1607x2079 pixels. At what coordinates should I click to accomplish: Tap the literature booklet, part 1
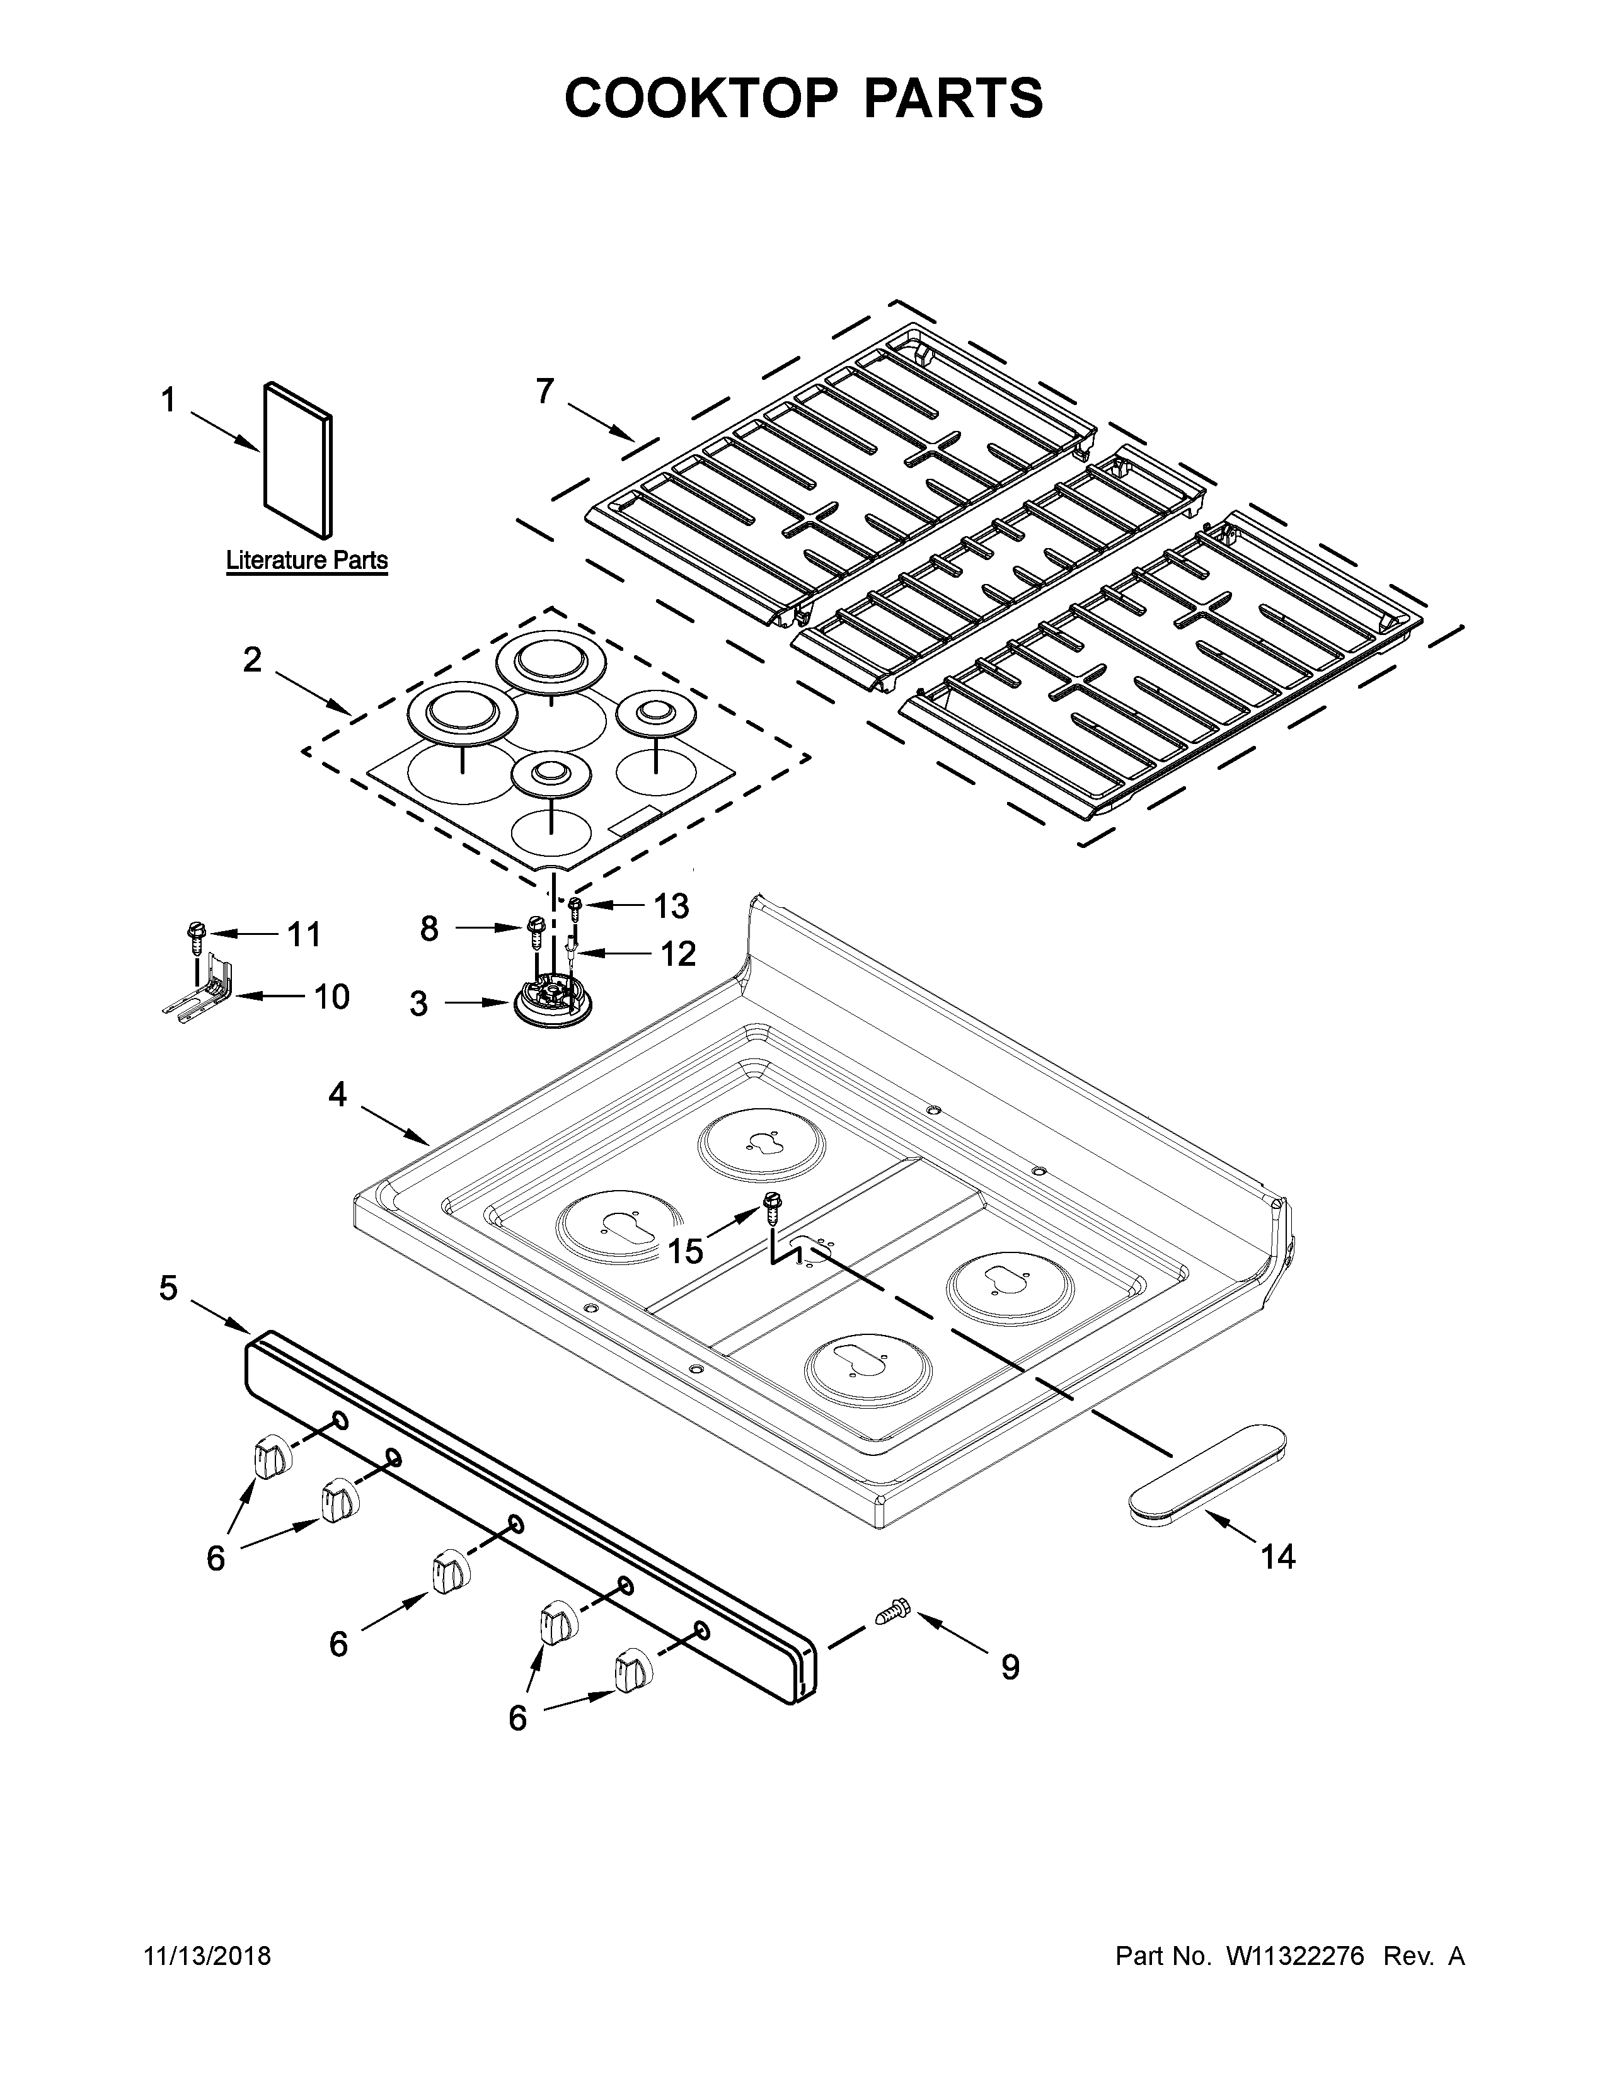tap(298, 460)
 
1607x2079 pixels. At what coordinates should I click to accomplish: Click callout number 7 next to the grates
tap(544, 391)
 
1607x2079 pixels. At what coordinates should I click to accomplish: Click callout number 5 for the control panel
tap(168, 1290)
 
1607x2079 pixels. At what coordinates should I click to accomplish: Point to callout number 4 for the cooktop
tap(337, 1095)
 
